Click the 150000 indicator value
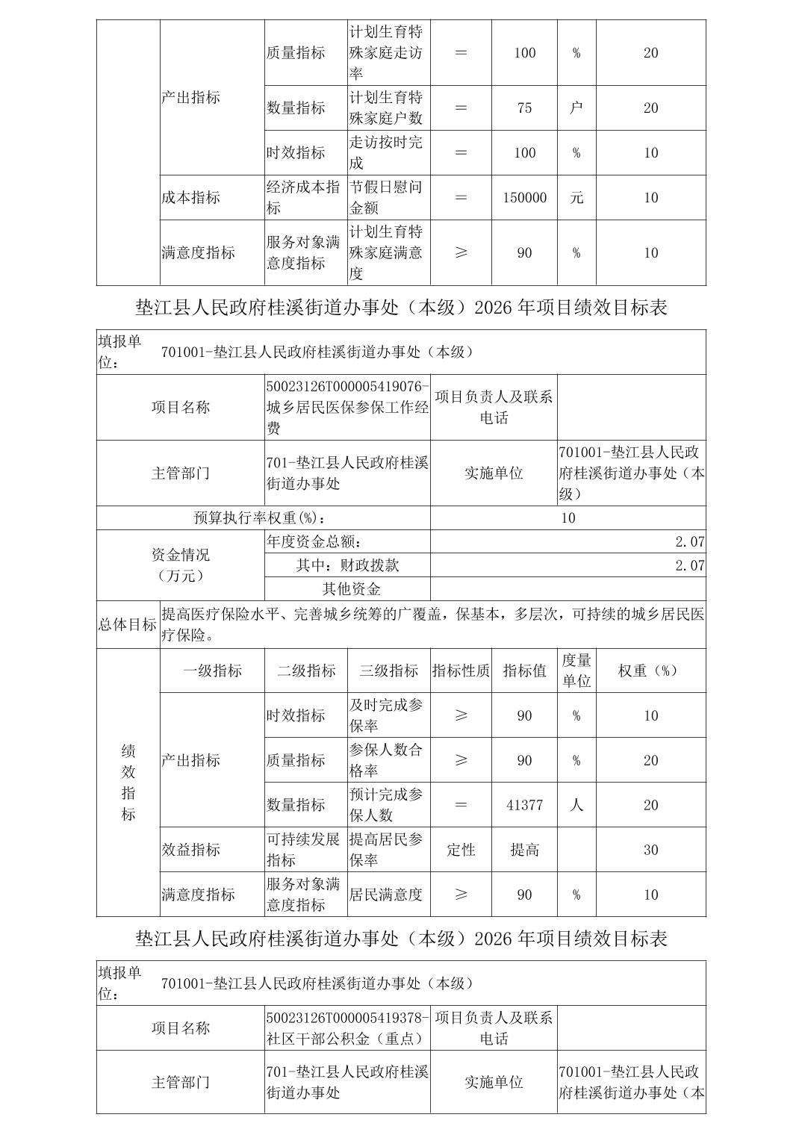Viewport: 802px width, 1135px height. pyautogui.click(x=524, y=198)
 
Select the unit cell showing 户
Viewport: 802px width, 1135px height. pyautogui.click(x=576, y=108)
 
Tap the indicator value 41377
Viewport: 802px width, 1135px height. pyautogui.click(x=524, y=805)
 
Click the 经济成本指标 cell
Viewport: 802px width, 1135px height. pyautogui.click(x=304, y=198)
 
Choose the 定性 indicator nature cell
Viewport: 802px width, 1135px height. pyautogui.click(x=461, y=850)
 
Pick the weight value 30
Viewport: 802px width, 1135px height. pyautogui.click(x=650, y=850)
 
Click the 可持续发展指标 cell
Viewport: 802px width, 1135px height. pyautogui.click(x=304, y=850)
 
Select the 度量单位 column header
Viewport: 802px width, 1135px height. pyautogui.click(x=576, y=671)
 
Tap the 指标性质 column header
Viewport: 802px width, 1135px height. pyautogui.click(x=461, y=671)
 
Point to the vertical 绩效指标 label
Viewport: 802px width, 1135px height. pyautogui.click(x=128, y=783)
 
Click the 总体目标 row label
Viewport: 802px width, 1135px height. pyautogui.click(x=128, y=625)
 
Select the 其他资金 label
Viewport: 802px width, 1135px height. pyautogui.click(x=351, y=589)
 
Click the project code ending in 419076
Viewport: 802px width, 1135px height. pyautogui.click(x=348, y=387)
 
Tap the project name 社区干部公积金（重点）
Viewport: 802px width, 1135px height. pyautogui.click(x=344, y=1038)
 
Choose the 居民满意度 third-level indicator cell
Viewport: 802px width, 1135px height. pyautogui.click(x=385, y=895)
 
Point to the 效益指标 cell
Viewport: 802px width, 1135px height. pyautogui.click(x=191, y=850)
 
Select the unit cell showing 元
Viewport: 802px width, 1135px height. pyautogui.click(x=576, y=198)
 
